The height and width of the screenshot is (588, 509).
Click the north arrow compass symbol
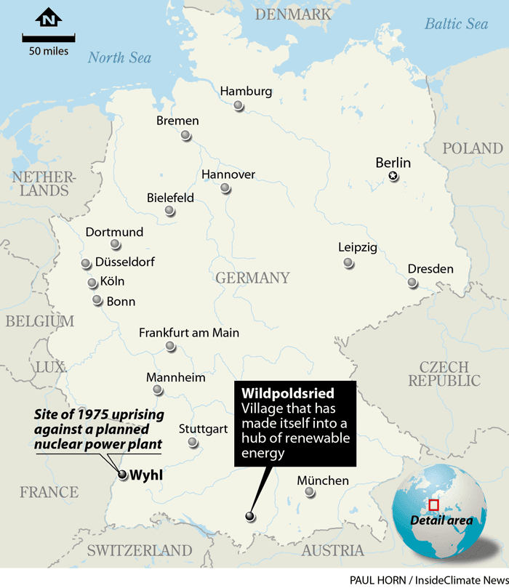coord(49,18)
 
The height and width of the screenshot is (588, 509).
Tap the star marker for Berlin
coord(393,176)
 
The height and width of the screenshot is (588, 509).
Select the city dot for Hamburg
coord(239,106)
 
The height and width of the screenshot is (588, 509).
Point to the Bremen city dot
coord(186,135)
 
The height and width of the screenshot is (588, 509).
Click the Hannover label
coord(228,174)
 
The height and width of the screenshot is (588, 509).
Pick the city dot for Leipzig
coord(349,262)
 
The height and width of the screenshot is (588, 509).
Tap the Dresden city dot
coord(413,283)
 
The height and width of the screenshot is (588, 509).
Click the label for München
coord(323,480)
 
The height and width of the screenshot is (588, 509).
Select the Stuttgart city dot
coord(193,442)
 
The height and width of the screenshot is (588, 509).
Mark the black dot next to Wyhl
coord(122,475)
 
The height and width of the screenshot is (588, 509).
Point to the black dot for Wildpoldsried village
coord(250,516)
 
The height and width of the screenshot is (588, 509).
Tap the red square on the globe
coord(434,504)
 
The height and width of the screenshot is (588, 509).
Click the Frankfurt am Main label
coord(189,333)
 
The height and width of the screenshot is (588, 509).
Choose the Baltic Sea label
coord(456,24)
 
